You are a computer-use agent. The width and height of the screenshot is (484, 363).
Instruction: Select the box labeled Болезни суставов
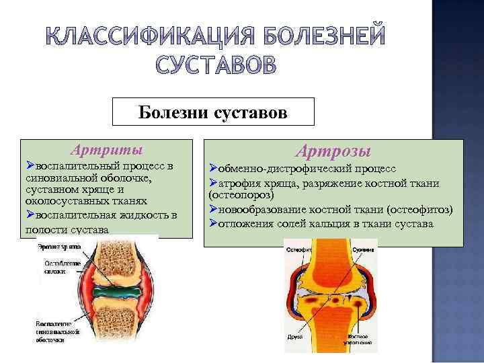(213, 112)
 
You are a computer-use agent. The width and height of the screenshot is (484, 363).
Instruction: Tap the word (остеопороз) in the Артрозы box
(241, 195)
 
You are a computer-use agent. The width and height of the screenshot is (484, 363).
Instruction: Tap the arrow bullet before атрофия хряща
(212, 182)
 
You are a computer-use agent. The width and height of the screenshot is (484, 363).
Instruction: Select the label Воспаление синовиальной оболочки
(57, 332)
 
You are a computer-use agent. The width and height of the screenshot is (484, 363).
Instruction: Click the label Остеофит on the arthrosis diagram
(296, 249)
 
